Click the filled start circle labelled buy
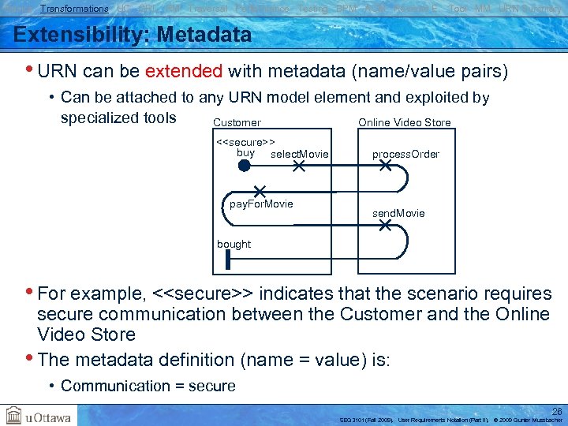245,166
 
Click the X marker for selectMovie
299,166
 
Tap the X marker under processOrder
385,166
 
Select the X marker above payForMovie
259,192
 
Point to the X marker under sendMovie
385,226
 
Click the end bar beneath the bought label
226,261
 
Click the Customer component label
237,122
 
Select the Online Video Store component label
405,122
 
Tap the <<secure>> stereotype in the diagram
245,142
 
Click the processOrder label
405,154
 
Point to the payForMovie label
261,204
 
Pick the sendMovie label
398,213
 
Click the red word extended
183,71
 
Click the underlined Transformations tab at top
74,9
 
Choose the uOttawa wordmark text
49,417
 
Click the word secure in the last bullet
212,386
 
